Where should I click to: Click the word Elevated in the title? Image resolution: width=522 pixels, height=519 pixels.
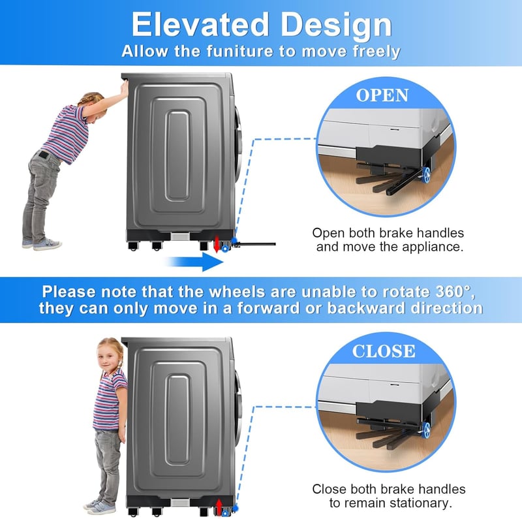(200, 25)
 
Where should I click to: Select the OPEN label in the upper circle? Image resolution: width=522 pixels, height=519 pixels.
(382, 95)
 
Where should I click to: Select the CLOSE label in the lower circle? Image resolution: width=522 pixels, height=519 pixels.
(384, 351)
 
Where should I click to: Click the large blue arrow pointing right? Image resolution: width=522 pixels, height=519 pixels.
(194, 262)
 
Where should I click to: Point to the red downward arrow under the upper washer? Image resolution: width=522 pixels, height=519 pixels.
(217, 245)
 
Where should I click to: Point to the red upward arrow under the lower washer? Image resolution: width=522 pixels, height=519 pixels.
(219, 507)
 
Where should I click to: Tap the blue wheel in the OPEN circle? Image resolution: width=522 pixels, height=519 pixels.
(426, 175)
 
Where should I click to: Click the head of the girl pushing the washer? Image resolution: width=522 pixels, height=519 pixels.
(94, 105)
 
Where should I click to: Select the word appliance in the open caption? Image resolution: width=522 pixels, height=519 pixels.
(432, 247)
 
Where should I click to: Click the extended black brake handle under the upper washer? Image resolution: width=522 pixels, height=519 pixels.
(254, 245)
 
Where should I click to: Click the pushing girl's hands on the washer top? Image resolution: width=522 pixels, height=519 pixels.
(125, 88)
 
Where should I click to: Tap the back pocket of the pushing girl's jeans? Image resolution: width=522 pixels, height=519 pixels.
(43, 155)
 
